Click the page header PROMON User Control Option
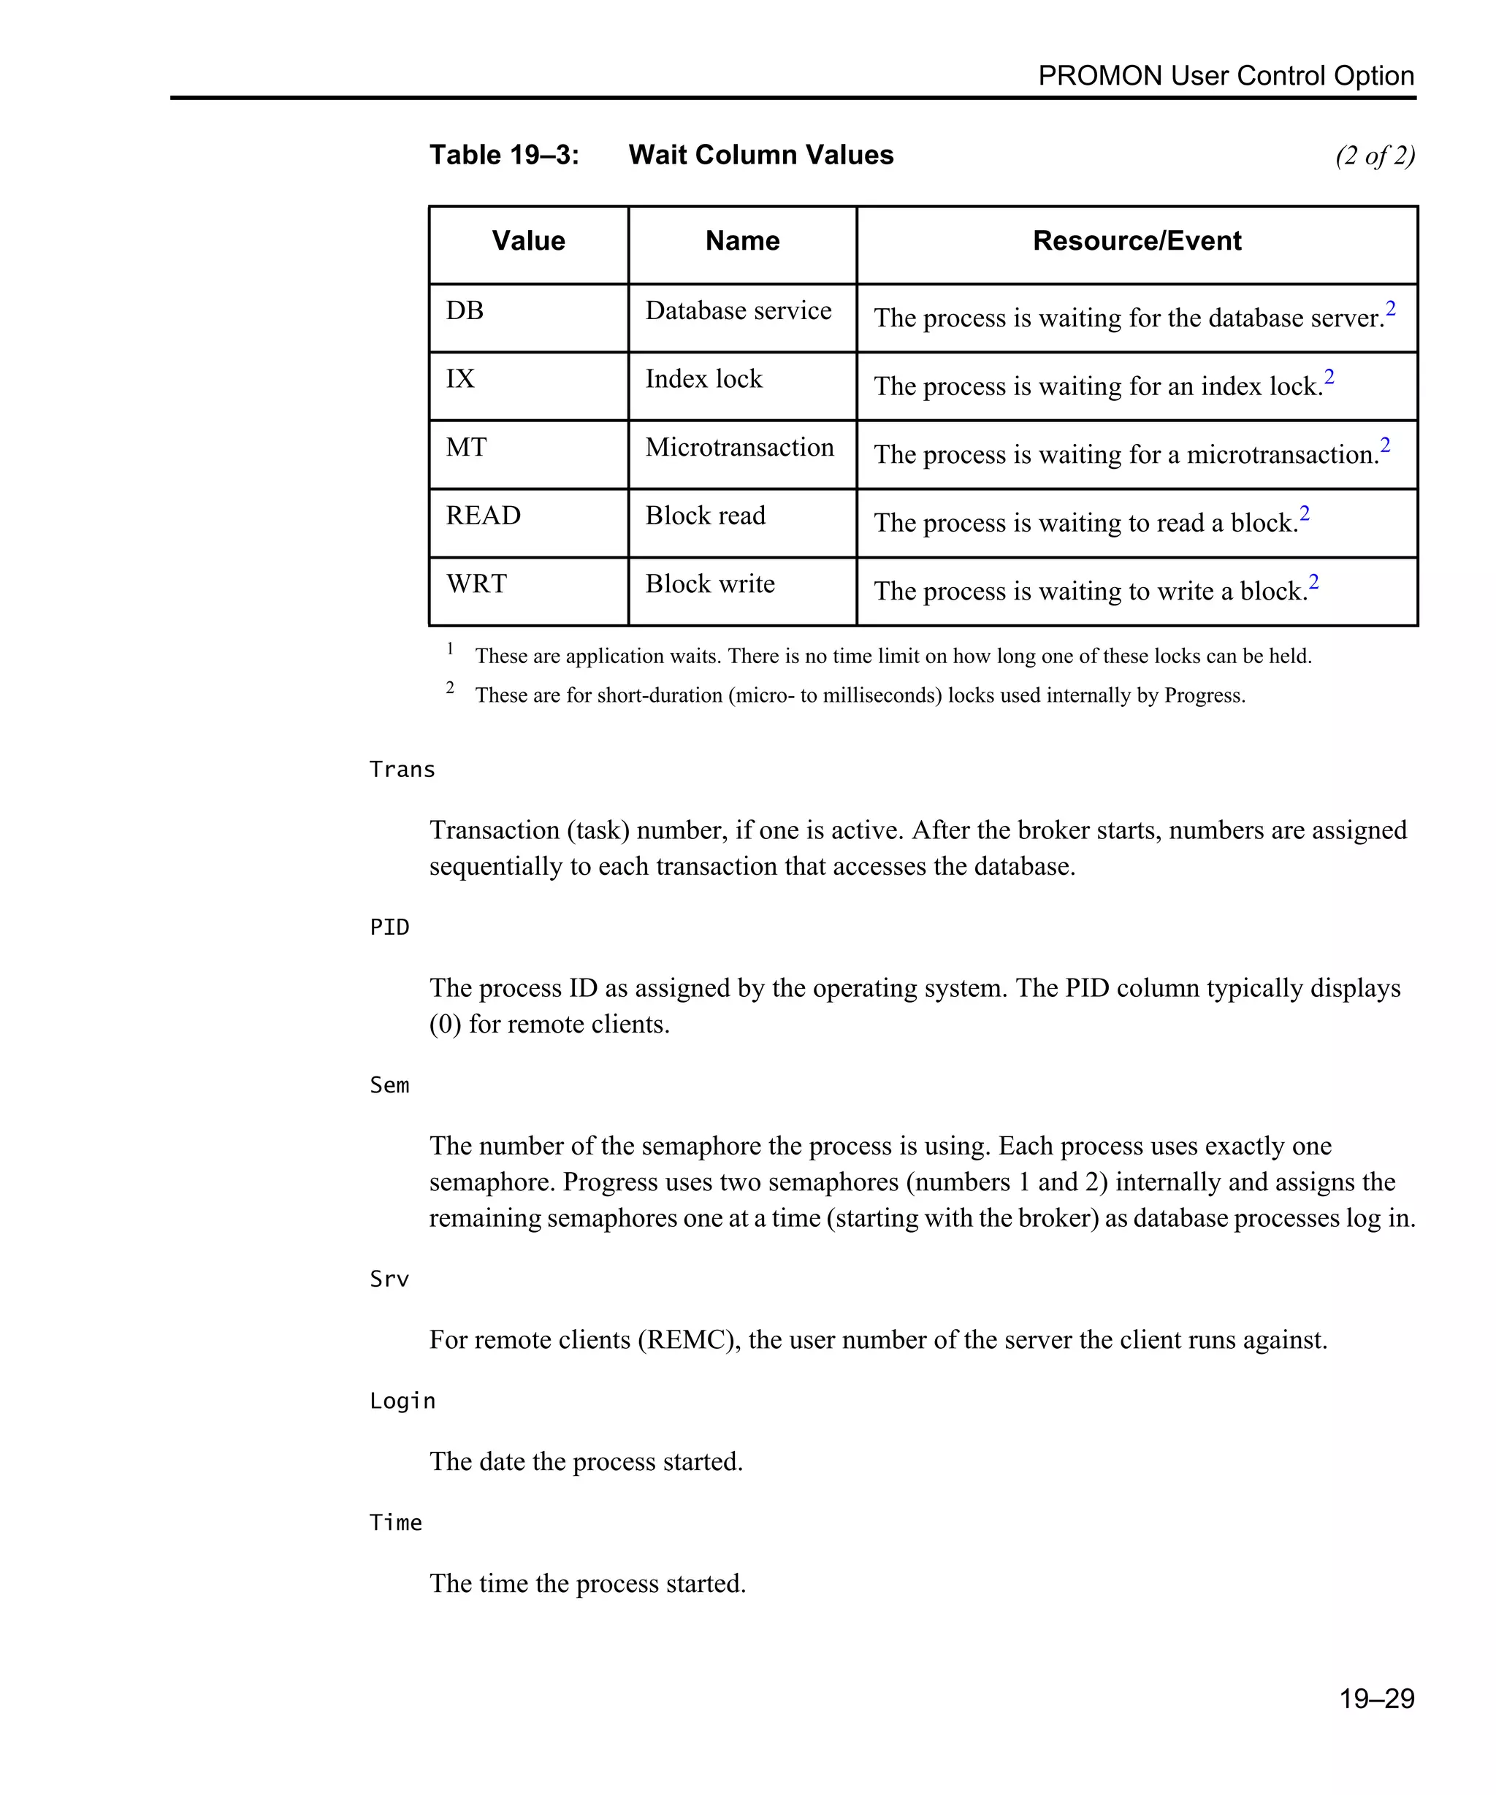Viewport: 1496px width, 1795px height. [1225, 76]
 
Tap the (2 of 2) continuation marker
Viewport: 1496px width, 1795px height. [1375, 156]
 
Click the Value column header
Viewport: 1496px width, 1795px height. [528, 241]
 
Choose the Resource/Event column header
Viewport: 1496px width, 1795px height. [1136, 241]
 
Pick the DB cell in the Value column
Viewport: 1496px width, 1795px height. [465, 310]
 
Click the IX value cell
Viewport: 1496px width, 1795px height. [460, 379]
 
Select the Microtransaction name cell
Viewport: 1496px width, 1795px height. [739, 447]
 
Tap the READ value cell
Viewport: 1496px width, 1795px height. [483, 516]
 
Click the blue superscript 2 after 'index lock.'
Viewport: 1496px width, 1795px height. [1329, 376]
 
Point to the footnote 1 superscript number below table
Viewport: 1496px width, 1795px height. [450, 648]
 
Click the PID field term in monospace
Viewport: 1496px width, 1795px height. [389, 927]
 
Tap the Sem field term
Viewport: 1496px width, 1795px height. [389, 1086]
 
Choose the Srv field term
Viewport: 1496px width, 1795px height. [389, 1279]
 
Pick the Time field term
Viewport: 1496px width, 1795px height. [395, 1523]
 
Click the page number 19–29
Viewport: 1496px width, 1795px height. [1376, 1699]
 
